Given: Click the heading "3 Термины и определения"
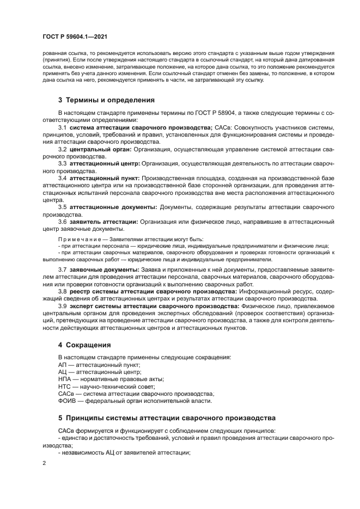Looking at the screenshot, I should pyautogui.click(x=107, y=100).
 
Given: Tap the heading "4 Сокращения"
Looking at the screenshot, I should pyautogui.click(x=84, y=345).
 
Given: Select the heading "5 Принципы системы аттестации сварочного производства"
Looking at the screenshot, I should pyautogui.click(x=166, y=418).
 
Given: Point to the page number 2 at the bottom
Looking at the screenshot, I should pyautogui.click(x=44, y=463).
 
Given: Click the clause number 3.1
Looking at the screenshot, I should pyautogui.click(x=62, y=127).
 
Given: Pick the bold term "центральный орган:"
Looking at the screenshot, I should pyautogui.click(x=100, y=149).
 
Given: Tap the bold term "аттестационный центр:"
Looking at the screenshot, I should pyautogui.click(x=105, y=163).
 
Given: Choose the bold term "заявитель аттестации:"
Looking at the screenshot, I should pyautogui.click(x=104, y=222).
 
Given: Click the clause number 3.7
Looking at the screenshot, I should pyautogui.click(x=62, y=269).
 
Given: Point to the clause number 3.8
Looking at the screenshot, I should pyautogui.click(x=62, y=291).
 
